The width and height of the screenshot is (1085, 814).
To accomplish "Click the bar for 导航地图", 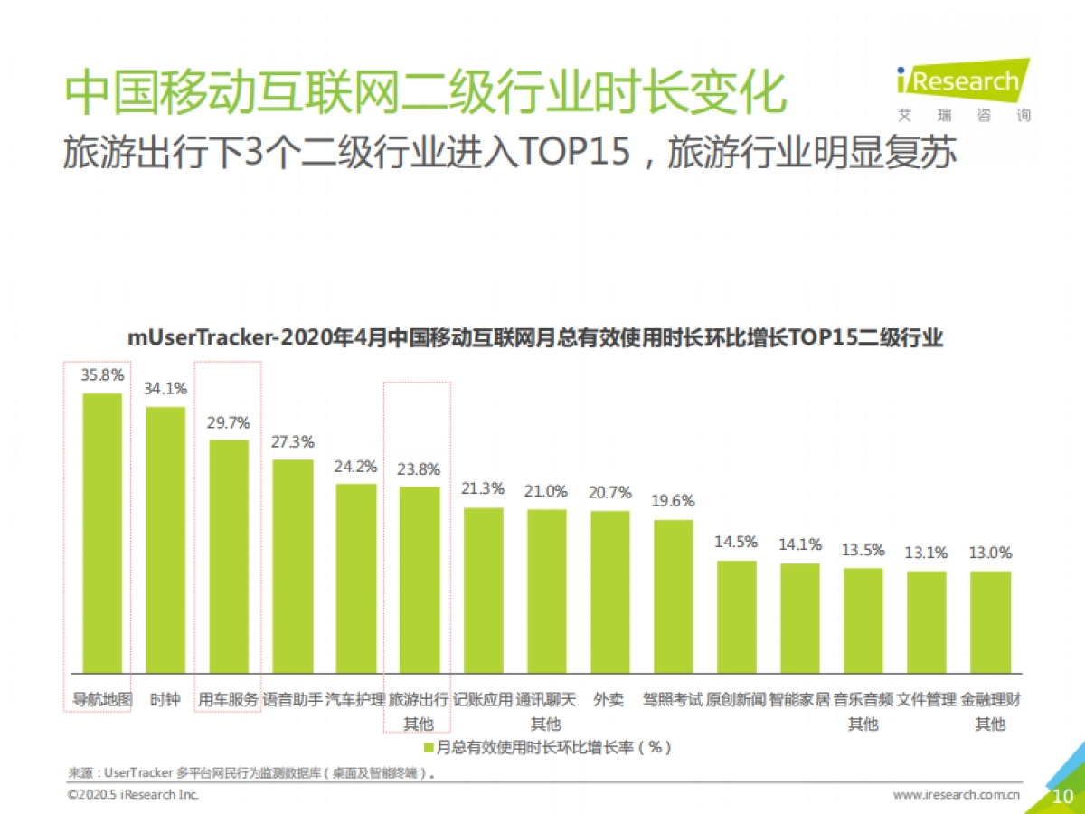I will [x=102, y=534].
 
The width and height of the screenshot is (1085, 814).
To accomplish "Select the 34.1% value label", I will [x=165, y=389].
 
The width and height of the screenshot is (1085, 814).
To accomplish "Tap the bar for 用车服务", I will [x=229, y=557].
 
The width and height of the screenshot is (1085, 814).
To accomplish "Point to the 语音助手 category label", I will [x=292, y=699].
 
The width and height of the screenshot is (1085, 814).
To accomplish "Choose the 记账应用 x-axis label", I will [x=483, y=699].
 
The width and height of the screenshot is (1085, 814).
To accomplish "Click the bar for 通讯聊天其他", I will [x=547, y=592].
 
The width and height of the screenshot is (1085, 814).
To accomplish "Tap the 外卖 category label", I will [x=609, y=699].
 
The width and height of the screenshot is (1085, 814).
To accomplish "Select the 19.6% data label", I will [x=673, y=501].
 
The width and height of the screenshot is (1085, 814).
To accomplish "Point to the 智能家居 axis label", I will [x=799, y=699].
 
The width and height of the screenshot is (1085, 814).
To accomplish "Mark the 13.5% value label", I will [x=863, y=550].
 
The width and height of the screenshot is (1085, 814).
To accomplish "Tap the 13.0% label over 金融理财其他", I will [x=990, y=553].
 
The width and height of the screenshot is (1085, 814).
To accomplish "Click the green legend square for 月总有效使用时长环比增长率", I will [x=429, y=748].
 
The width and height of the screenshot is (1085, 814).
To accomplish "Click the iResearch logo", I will [x=963, y=84].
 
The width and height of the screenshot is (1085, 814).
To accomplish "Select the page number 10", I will [x=1063, y=796].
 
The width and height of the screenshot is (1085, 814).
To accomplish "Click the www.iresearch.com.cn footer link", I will [x=956, y=795].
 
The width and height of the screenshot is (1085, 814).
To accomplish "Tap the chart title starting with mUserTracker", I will [x=535, y=339].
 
